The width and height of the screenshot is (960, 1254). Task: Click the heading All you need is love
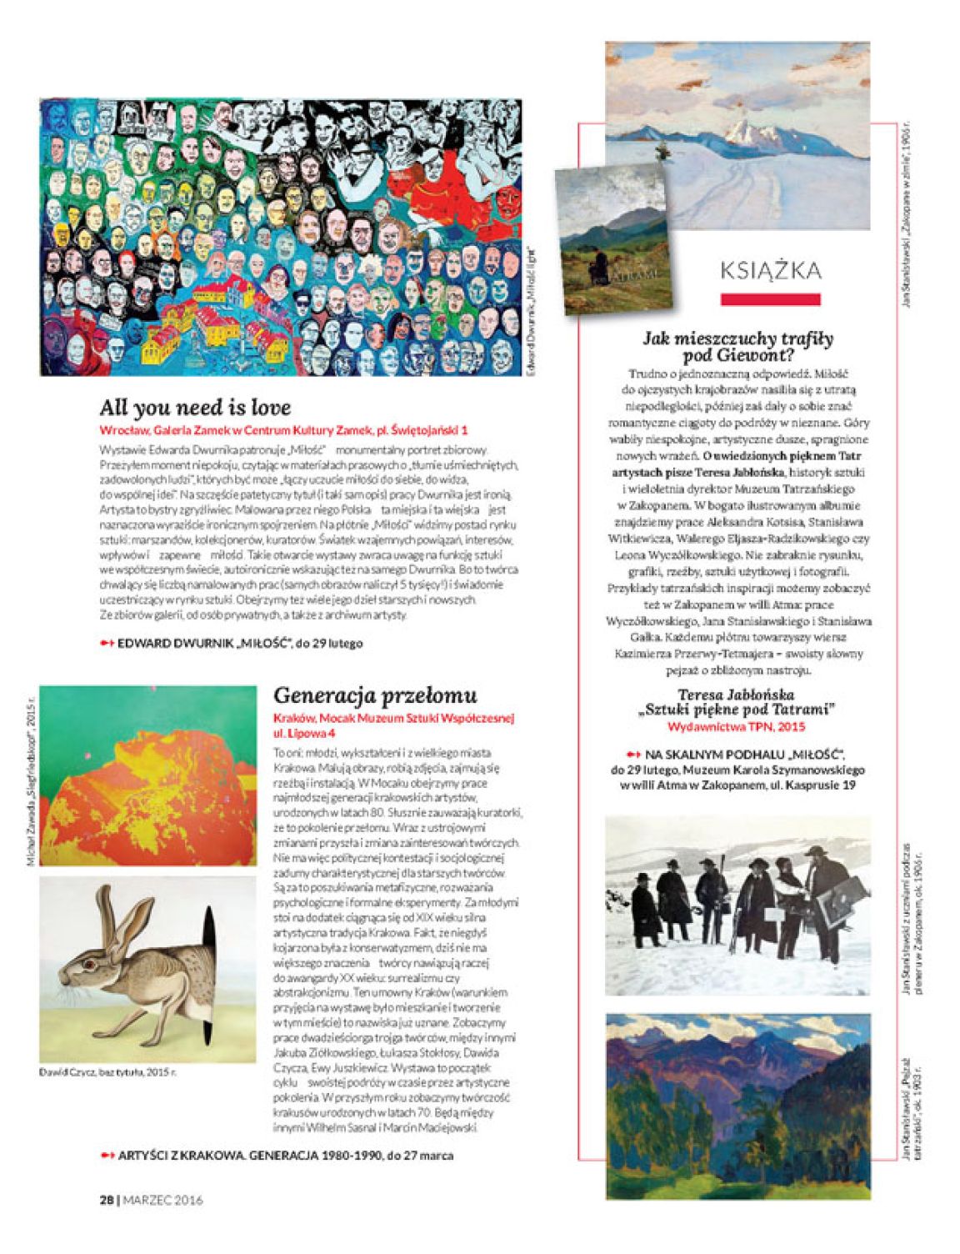[x=195, y=408]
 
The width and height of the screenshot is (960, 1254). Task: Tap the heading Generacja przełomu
[x=375, y=695]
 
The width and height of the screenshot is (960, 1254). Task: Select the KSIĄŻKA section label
[x=770, y=270]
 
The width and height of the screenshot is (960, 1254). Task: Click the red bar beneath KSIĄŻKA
[x=770, y=298]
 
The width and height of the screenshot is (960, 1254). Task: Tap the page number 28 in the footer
[x=106, y=1200]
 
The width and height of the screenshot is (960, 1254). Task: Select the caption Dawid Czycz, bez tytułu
[x=107, y=1072]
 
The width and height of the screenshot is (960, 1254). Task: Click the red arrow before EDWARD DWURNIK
[x=106, y=643]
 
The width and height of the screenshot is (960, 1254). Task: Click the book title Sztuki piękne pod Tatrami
[x=737, y=710]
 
